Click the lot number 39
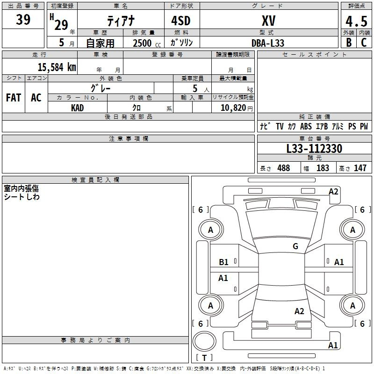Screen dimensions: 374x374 point(23,20)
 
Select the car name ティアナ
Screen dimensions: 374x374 point(121,21)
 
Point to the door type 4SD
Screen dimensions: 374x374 point(182,21)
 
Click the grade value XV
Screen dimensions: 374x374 point(268,21)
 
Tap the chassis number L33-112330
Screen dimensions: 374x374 point(314,149)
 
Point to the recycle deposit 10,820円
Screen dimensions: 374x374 point(233,108)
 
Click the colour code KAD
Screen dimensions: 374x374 point(78,108)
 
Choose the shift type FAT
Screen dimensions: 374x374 point(14,98)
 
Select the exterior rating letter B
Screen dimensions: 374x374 point(348,43)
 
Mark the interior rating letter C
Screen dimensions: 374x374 point(364,43)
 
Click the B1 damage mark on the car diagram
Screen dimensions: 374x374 point(224,262)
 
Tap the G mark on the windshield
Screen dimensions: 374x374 point(295,246)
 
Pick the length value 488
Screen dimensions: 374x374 point(283,168)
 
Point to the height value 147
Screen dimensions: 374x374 point(360,168)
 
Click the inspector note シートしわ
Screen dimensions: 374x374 point(22,197)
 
